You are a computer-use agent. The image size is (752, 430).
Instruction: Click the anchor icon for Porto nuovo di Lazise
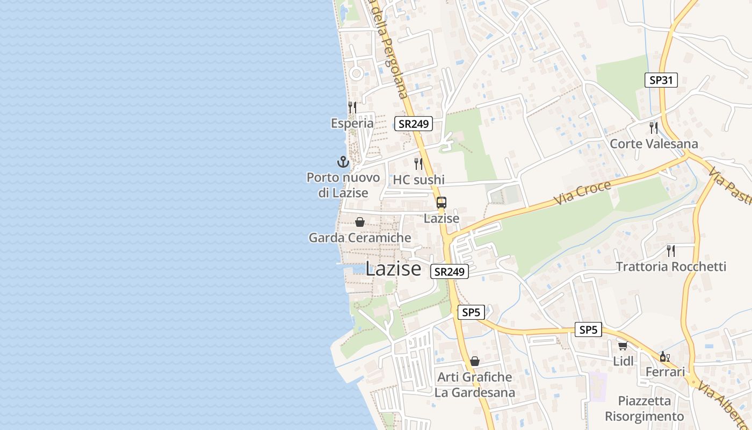point(343,161)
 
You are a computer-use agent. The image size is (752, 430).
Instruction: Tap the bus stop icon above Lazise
point(441,203)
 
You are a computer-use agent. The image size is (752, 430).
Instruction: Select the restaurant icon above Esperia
point(352,107)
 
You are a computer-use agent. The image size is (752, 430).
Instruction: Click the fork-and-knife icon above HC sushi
point(418,163)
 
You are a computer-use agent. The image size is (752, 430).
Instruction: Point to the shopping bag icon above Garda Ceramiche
point(360,221)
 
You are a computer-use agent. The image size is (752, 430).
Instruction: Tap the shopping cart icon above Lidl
point(623,345)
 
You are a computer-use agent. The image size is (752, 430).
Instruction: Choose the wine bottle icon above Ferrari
point(664,356)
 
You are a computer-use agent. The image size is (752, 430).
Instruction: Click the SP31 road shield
point(661,80)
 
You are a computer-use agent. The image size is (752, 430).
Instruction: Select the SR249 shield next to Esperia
point(413,124)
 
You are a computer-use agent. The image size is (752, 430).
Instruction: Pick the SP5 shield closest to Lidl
point(588,329)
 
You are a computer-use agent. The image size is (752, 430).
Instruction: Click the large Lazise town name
point(393,269)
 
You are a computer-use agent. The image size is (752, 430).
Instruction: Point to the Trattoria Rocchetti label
point(671,267)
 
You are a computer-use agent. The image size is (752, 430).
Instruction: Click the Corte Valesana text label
point(654,144)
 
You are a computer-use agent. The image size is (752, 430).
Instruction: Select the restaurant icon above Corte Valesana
point(654,127)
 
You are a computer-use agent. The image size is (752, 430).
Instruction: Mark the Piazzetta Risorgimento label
point(645,408)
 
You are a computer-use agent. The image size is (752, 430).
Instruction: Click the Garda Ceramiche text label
point(360,238)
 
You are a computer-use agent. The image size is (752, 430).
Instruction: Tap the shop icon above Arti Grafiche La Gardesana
point(475,361)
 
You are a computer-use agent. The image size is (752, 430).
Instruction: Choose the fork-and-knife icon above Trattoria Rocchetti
point(671,250)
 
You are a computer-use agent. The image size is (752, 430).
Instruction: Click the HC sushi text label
point(419,180)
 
